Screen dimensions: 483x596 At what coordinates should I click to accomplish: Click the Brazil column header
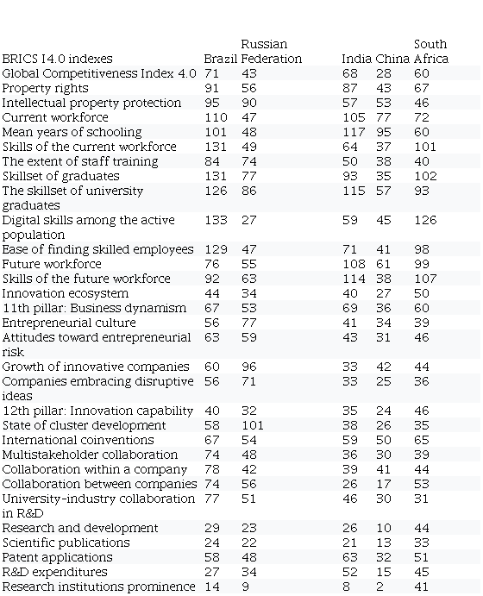pyautogui.click(x=221, y=59)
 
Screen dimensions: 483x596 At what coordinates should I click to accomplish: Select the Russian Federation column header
pyautogui.click(x=272, y=51)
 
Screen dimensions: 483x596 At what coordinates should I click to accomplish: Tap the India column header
pyautogui.click(x=356, y=59)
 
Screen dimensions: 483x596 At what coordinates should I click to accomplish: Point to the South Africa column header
pyautogui.click(x=431, y=51)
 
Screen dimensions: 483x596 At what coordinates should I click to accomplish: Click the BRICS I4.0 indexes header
pyautogui.click(x=58, y=59)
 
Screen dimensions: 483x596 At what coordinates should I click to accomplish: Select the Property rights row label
pyautogui.click(x=45, y=88)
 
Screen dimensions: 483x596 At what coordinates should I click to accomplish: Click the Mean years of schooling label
pyautogui.click(x=72, y=132)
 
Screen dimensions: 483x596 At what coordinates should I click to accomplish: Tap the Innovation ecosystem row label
pyautogui.click(x=66, y=293)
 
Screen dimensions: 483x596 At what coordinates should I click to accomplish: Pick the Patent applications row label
pyautogui.click(x=58, y=557)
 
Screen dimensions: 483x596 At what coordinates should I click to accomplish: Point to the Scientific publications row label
pyautogui.click(x=66, y=543)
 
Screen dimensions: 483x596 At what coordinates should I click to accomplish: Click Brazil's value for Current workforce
pyautogui.click(x=216, y=117)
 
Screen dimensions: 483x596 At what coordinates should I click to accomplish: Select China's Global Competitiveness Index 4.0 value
pyautogui.click(x=384, y=73)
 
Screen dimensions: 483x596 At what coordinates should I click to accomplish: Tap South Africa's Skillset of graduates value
pyautogui.click(x=425, y=176)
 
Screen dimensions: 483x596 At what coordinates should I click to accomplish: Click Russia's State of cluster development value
pyautogui.click(x=253, y=425)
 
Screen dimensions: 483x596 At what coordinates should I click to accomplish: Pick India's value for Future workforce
pyautogui.click(x=354, y=264)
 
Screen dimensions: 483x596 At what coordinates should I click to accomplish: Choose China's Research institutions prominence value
pyautogui.click(x=379, y=587)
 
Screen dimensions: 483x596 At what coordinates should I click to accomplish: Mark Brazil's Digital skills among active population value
pyautogui.click(x=216, y=220)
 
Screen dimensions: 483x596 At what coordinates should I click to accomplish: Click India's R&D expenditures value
pyautogui.click(x=349, y=572)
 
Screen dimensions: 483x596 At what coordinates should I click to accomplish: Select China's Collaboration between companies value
pyautogui.click(x=384, y=484)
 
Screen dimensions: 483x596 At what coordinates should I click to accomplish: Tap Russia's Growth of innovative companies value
pyautogui.click(x=249, y=367)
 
